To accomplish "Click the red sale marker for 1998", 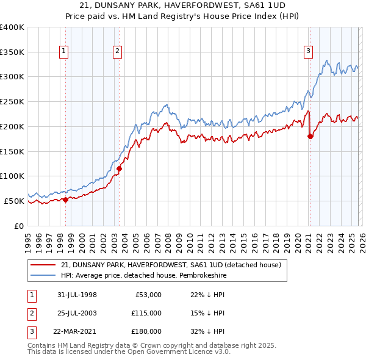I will [66, 200].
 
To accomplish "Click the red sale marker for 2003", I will [120, 168].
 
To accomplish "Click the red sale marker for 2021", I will [310, 136].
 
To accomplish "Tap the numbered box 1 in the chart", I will [63, 51].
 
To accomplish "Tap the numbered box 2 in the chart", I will [117, 51].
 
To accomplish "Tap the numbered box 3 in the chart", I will [309, 51].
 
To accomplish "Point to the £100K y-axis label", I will [12, 176].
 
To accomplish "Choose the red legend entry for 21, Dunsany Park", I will [170, 265].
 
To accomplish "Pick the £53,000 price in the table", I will [146, 295].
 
